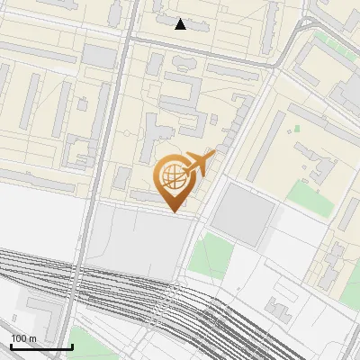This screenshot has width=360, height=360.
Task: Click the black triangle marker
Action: coord(181,24)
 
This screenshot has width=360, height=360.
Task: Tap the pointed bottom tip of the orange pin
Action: coord(173,211)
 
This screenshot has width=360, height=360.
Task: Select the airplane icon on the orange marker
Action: coord(199,164)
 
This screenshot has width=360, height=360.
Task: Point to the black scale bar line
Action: coord(41,346)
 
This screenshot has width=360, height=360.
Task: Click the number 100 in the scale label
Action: coord(19,338)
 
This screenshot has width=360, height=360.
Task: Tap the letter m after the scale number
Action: coord(32,338)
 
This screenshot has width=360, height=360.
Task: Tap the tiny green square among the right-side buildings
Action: coord(296,129)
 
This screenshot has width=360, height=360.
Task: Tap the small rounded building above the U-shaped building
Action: coord(184,63)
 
